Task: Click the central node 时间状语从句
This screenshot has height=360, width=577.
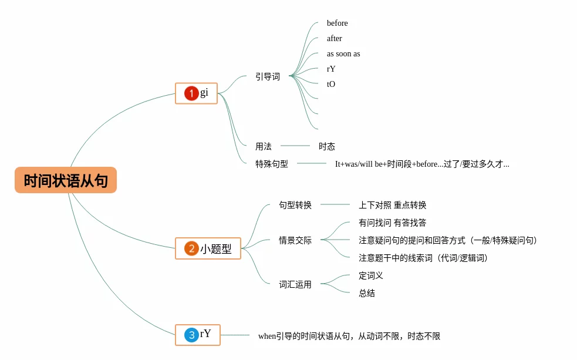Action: click(66, 180)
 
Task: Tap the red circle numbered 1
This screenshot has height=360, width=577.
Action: click(191, 93)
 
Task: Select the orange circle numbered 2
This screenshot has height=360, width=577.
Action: click(191, 248)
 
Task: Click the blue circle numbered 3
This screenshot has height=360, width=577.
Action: click(191, 335)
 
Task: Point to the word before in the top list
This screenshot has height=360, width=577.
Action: click(338, 23)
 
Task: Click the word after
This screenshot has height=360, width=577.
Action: click(335, 39)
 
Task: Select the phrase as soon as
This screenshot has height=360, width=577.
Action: click(343, 54)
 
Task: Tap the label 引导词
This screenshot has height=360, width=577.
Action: click(268, 76)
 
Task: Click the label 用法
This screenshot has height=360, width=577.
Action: click(264, 146)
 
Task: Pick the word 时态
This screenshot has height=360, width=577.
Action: click(327, 146)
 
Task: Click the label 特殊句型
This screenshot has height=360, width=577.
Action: click(272, 164)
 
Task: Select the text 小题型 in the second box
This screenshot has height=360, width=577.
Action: click(216, 249)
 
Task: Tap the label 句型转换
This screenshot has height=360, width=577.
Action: click(295, 205)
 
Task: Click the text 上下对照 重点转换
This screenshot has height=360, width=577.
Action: click(392, 205)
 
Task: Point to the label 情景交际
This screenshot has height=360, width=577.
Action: click(295, 240)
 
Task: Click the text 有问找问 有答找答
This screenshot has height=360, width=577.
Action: click(392, 223)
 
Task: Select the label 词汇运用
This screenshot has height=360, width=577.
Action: click(295, 284)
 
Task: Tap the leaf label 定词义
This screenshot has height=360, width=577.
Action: click(371, 275)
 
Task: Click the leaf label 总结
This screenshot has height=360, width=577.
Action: click(367, 293)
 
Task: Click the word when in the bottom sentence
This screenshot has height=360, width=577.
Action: click(267, 337)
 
